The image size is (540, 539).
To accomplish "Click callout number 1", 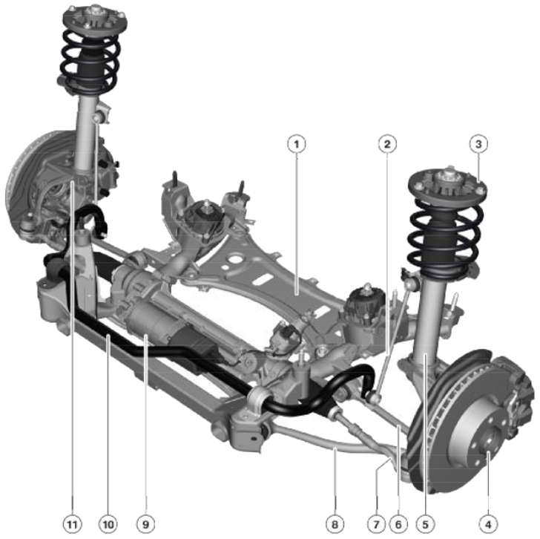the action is pyautogui.click(x=297, y=144).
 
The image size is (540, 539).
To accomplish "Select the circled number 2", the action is pyautogui.click(x=387, y=144).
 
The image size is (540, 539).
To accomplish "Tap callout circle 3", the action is pyautogui.click(x=478, y=144).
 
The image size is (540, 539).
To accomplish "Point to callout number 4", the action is pyautogui.click(x=488, y=525).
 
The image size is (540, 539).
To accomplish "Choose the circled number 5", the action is pyautogui.click(x=425, y=525).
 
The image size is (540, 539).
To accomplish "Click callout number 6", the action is pyautogui.click(x=398, y=525).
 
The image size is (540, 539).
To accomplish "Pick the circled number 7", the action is pyautogui.click(x=376, y=525).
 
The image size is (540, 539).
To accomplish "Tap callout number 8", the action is pyautogui.click(x=335, y=525).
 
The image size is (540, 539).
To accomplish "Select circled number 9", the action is pyautogui.click(x=145, y=525).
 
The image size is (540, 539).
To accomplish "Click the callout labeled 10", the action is pyautogui.click(x=108, y=525).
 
